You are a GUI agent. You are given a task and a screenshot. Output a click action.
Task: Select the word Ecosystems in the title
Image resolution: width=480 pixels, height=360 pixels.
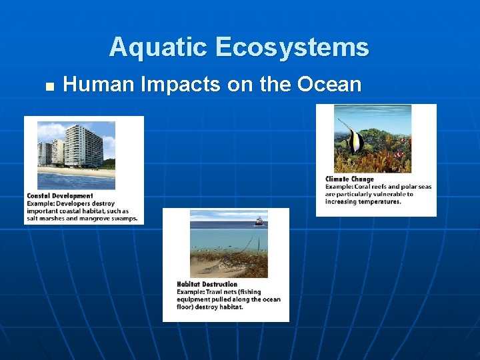point(291,47)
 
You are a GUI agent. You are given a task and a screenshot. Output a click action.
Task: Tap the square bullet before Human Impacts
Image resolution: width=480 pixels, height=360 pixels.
point(48,86)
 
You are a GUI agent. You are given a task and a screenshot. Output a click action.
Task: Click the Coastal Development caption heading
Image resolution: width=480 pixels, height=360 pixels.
point(60,196)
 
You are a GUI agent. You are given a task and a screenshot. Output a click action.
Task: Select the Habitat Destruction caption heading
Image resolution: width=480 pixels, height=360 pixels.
point(207,285)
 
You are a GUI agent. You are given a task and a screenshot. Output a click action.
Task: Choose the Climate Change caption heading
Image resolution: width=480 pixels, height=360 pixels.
point(349,179)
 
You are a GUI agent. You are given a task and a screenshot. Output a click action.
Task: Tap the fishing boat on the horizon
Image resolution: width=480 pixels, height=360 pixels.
point(258,221)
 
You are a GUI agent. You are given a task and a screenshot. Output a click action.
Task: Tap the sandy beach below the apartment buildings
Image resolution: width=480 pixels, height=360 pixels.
point(73,172)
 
